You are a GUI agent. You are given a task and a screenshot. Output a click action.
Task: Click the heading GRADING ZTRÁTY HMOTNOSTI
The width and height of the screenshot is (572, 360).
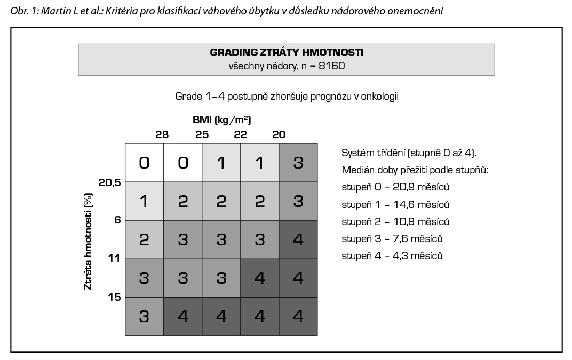287,53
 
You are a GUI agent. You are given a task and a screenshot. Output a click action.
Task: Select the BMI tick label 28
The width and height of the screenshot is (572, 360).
162,134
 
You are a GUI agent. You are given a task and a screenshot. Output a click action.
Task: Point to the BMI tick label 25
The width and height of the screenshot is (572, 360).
202,134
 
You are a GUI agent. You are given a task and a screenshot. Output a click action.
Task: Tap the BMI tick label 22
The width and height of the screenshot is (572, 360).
241,134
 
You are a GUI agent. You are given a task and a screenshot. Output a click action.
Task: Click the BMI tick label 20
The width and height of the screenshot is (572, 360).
279,134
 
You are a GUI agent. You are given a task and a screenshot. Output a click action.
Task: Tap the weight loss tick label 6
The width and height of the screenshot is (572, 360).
117,220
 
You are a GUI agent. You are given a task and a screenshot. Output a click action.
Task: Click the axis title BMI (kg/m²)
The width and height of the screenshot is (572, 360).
221,119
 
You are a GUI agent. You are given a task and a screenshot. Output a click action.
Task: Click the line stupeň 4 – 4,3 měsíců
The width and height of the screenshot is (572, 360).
392,255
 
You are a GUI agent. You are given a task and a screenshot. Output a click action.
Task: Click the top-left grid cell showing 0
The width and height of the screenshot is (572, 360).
144,163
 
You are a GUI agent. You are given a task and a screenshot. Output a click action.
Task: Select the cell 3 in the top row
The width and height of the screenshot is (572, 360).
298,163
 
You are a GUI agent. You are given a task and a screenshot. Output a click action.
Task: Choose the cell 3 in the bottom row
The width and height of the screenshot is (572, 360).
144,316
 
